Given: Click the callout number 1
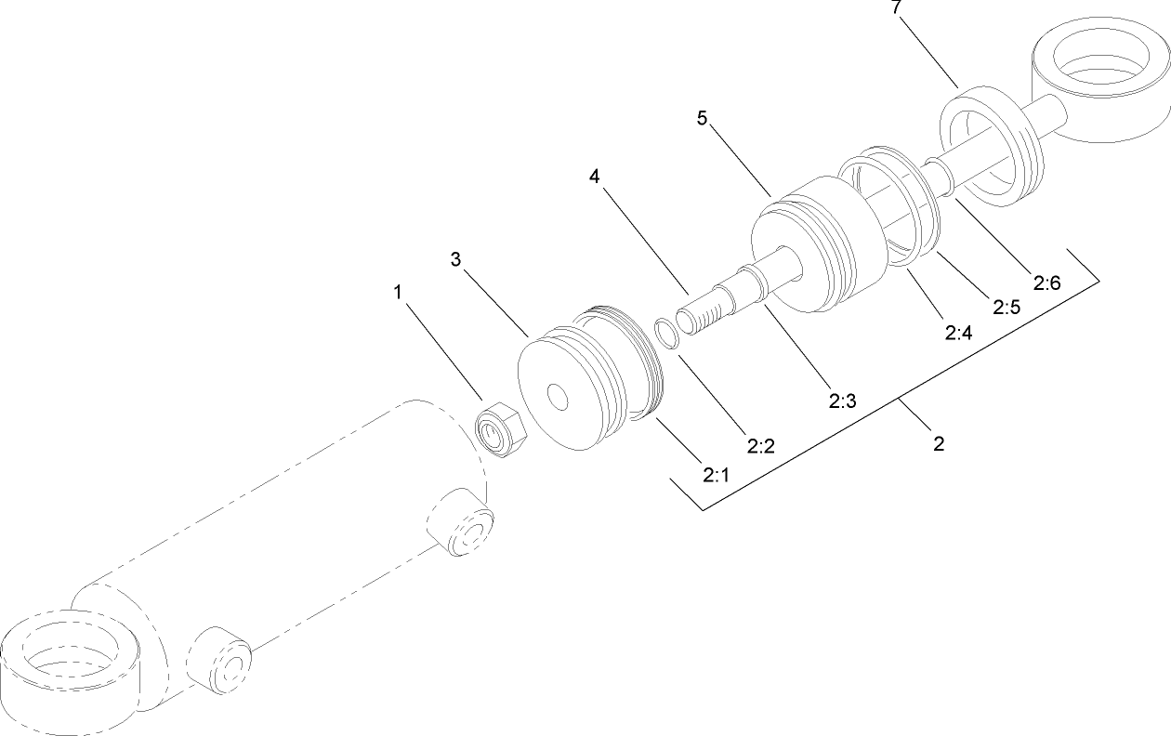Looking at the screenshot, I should [398, 293].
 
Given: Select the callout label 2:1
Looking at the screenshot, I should [715, 475].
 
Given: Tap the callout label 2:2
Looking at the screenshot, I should [761, 446].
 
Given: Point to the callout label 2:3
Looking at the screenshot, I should [842, 401].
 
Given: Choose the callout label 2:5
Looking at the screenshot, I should [1007, 307].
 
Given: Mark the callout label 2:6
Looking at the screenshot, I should [1046, 283].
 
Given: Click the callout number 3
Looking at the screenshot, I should [455, 259].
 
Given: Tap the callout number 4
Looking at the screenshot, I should [593, 176].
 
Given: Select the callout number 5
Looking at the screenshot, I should [704, 118].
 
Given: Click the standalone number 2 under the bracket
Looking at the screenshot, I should [939, 444].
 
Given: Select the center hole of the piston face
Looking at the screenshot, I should [558, 397].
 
